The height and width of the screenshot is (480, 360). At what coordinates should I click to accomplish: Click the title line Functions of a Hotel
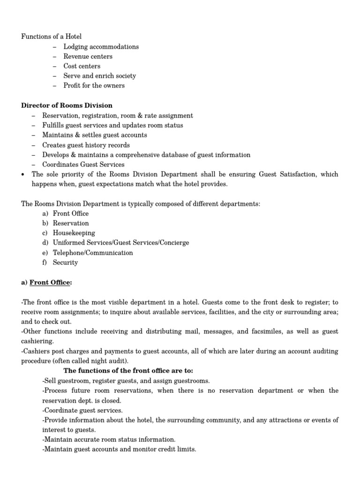(x=52, y=37)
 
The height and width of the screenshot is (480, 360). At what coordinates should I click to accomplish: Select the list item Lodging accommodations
(x=101, y=46)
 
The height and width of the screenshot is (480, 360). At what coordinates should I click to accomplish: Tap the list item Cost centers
(x=82, y=66)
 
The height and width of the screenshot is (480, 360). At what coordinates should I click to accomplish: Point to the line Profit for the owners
(x=94, y=85)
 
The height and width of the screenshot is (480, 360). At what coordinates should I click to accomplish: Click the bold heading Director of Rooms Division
(x=67, y=105)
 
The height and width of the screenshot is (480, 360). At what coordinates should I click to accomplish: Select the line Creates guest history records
(x=86, y=145)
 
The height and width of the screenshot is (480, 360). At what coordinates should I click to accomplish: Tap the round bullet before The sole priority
(x=23, y=174)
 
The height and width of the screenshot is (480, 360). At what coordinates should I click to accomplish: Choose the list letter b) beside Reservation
(x=45, y=223)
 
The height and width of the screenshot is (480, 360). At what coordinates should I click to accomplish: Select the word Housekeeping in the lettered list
(x=74, y=233)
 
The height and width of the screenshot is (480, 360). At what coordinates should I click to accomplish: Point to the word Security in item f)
(x=65, y=262)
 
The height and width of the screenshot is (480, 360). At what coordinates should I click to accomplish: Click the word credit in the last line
(x=158, y=450)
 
